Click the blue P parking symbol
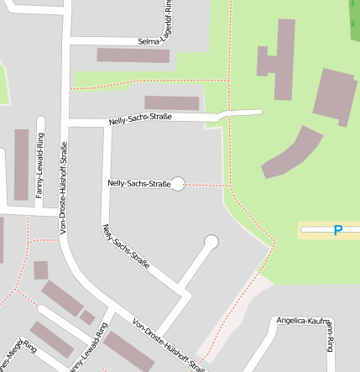click(337, 230)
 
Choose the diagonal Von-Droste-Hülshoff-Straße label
click(168, 344)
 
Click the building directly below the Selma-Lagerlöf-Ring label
click(133, 55)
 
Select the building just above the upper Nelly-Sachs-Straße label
click(172, 103)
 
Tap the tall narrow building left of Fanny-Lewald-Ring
click(21, 164)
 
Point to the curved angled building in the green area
click(291, 152)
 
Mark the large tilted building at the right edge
click(334, 96)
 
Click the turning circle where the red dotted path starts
click(178, 184)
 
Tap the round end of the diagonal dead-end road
click(211, 242)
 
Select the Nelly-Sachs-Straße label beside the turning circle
click(138, 183)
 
